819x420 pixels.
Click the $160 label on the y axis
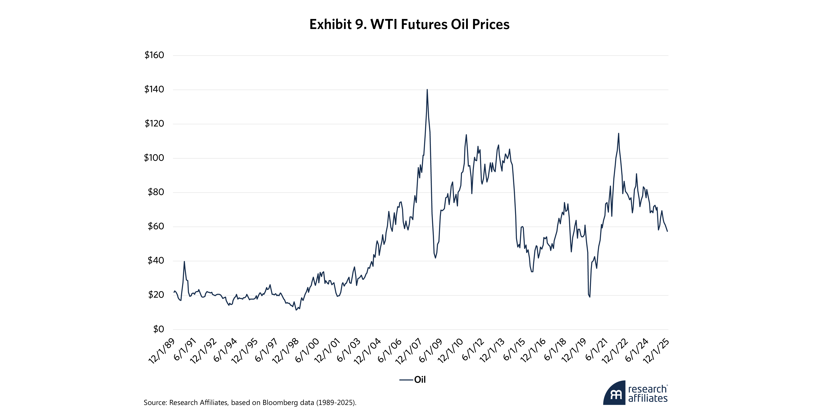154,55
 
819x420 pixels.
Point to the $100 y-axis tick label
154,158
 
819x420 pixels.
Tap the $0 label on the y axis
158,329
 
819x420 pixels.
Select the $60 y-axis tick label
156,226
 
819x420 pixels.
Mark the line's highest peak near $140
427,90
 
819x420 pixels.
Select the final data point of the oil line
667,231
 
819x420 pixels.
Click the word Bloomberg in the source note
278,403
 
